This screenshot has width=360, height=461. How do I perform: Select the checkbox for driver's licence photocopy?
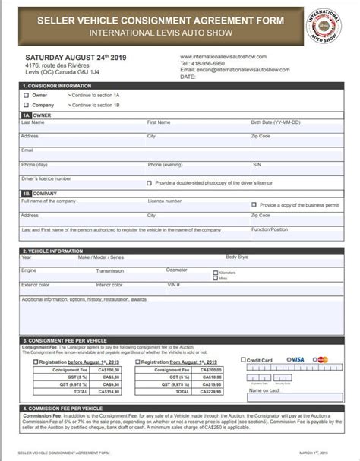(x=149, y=183)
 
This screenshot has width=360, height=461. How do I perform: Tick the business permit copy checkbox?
(x=254, y=204)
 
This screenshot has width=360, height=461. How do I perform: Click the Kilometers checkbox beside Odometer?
(x=216, y=272)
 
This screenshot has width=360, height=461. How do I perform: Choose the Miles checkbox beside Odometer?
(x=216, y=278)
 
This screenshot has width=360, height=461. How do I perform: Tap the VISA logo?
(x=295, y=359)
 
